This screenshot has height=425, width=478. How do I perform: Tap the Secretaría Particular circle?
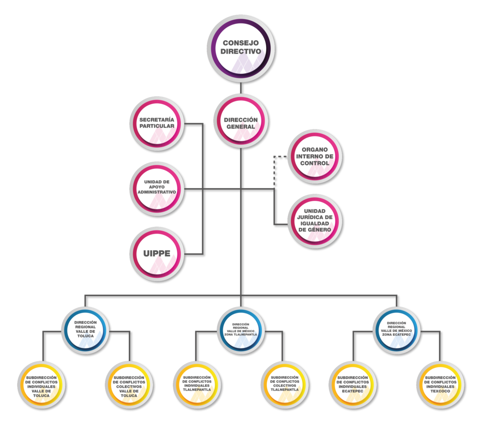(x=157, y=123)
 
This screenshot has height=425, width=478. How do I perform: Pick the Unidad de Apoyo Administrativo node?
(x=157, y=188)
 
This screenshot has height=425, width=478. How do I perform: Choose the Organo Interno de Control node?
(x=315, y=156)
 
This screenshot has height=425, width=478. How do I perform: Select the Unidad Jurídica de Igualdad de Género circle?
(x=315, y=221)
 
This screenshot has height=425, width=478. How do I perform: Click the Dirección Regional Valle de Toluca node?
(x=85, y=329)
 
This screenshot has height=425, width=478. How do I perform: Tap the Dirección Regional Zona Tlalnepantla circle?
(x=240, y=329)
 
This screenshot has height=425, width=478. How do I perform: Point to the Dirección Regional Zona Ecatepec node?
(x=396, y=329)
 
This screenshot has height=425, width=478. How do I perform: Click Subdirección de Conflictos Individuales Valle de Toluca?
(x=41, y=386)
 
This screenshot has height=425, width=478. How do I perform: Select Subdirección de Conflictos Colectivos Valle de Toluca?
(x=129, y=386)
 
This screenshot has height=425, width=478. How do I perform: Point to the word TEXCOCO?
(x=440, y=391)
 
